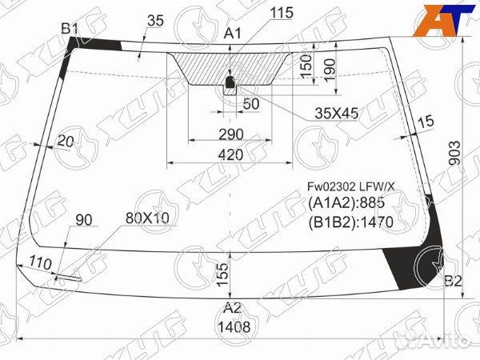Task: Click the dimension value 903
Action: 455,153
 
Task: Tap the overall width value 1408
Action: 234,327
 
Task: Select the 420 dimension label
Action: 230,155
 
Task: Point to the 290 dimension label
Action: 231,134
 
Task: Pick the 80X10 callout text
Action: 147,218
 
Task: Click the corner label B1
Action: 70,29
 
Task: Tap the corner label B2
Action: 453,281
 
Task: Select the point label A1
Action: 233,33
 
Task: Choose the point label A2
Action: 232,308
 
